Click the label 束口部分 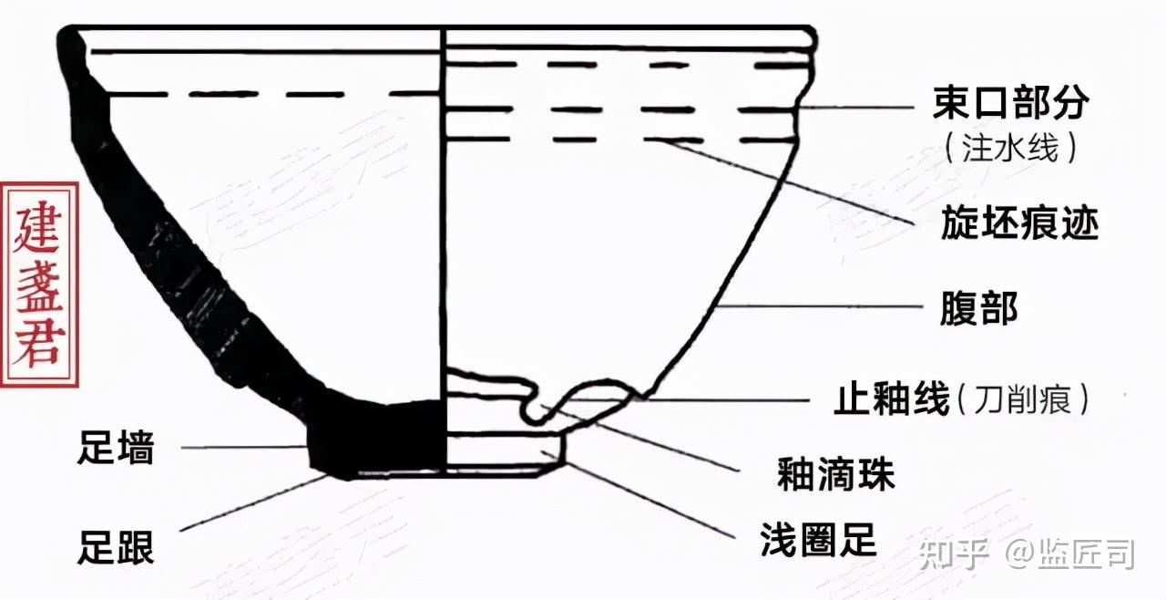click(x=1010, y=104)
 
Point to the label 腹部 click(x=978, y=310)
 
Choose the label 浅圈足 click(x=818, y=541)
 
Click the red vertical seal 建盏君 click(x=39, y=284)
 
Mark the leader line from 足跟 click(x=255, y=502)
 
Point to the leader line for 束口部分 click(x=856, y=107)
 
